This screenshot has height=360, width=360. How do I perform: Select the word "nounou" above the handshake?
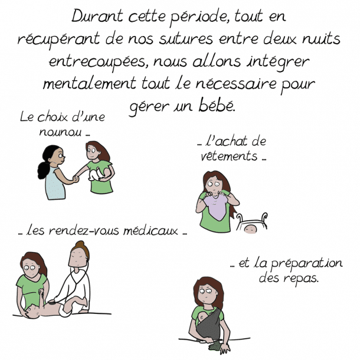point(60,132)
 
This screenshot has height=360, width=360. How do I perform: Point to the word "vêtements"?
point(228,156)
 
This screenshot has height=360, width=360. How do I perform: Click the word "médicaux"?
point(150,230)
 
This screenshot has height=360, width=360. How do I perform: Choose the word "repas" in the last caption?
point(300,279)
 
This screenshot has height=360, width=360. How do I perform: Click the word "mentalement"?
point(89,83)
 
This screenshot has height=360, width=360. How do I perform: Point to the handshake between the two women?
point(76,179)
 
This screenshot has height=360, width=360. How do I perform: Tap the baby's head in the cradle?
point(250,228)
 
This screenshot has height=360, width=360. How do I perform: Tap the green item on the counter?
point(215,346)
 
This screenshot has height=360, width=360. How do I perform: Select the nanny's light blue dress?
point(55,183)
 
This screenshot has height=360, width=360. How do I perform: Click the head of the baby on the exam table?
point(31,312)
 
